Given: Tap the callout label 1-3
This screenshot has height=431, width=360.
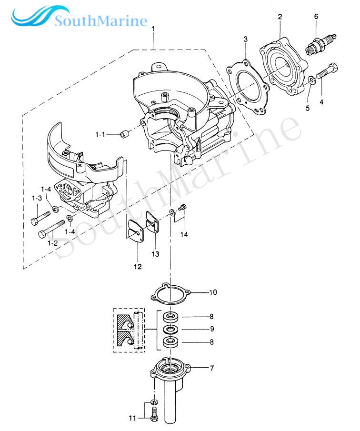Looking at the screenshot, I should (x=37, y=198).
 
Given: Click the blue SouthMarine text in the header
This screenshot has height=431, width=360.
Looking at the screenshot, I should (x=100, y=21).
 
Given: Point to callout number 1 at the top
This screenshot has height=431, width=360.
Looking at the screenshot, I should (x=153, y=30).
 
